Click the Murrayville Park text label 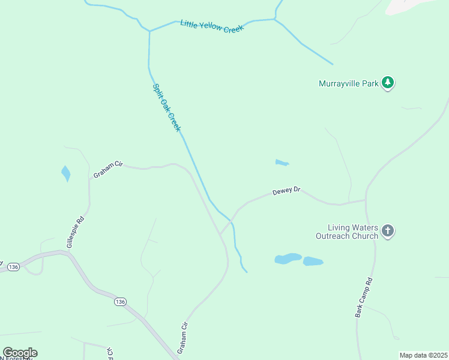click(348, 83)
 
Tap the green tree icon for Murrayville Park click(388, 83)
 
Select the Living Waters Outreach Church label click(353, 232)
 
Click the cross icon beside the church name click(388, 231)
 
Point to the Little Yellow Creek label click(212, 26)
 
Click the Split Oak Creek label click(166, 107)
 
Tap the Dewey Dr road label click(286, 191)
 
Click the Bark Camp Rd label click(364, 298)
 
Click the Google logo click(20, 353)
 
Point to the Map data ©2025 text click(423, 355)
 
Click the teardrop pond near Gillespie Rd click(65, 173)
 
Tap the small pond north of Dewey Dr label click(282, 162)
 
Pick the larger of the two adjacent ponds click(288, 259)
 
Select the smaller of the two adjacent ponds click(313, 262)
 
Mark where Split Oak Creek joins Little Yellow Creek click(149, 31)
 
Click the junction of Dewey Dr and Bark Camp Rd click(366, 200)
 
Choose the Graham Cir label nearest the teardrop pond click(108, 170)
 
